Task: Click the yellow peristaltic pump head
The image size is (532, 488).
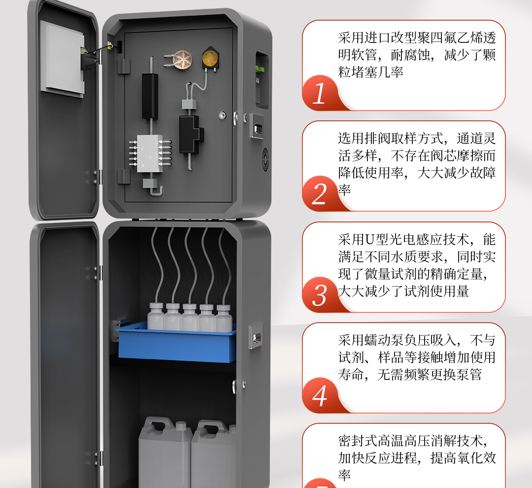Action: [x=210, y=58]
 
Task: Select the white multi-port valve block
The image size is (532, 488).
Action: [x=150, y=153]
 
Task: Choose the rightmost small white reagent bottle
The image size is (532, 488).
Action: [x=224, y=318]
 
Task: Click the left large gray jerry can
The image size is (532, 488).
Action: [x=165, y=452]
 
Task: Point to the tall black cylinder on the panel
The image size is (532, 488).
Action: [x=150, y=96]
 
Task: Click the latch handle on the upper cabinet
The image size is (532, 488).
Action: [x=257, y=126]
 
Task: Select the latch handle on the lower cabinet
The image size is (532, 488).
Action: [x=256, y=336]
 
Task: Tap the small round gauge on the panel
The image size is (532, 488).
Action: [x=222, y=115]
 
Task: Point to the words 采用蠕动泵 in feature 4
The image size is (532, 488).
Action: [x=371, y=340]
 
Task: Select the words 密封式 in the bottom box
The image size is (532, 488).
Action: [x=358, y=441]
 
